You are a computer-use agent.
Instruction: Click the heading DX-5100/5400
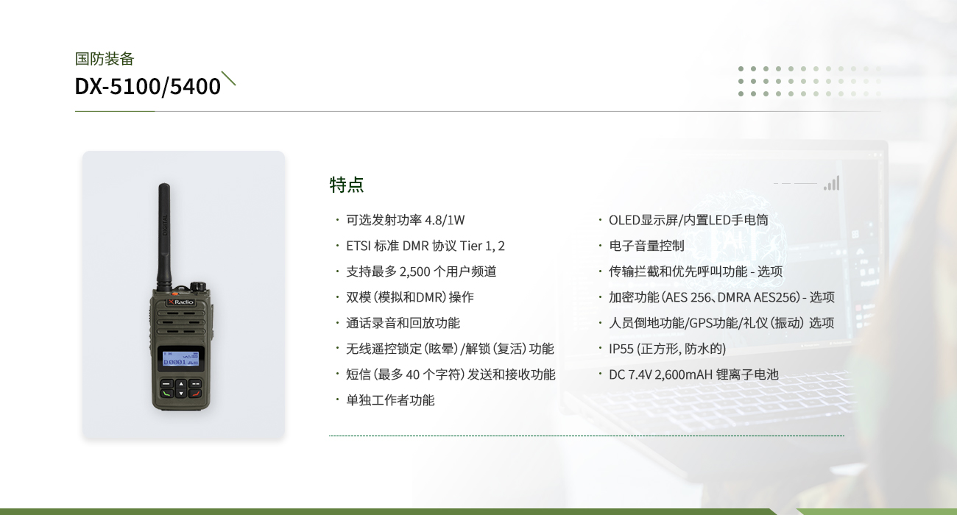coord(148,87)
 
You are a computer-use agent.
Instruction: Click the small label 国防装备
coord(105,59)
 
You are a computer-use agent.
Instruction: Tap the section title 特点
coord(347,185)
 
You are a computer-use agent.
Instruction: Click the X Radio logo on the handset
coord(181,302)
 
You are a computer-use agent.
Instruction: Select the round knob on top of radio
coord(198,286)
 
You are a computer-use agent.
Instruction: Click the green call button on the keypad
coord(167,394)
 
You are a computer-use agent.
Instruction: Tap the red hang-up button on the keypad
coord(195,394)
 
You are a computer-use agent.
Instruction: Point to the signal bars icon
coord(832,183)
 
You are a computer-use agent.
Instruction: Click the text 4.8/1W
coord(445,221)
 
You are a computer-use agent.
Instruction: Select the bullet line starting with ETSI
coord(425,246)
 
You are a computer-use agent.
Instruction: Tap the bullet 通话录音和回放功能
coord(403,323)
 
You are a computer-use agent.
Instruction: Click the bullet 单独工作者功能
coord(390,400)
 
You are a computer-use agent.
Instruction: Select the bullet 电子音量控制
coord(646,246)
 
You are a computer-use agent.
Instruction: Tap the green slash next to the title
coord(228,79)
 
